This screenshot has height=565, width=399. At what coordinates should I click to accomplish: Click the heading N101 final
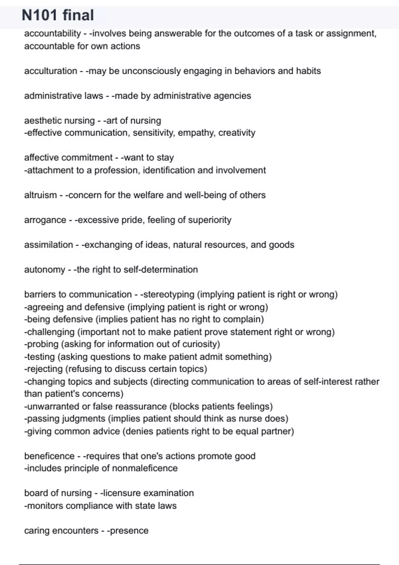[58, 15]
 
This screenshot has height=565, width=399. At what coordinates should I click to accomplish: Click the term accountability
[53, 34]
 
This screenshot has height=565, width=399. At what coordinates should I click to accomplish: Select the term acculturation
[51, 71]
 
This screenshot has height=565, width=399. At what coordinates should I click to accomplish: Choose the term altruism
[40, 195]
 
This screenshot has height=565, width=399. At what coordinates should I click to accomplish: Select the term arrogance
[45, 220]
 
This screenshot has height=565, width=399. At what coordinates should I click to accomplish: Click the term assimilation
[49, 245]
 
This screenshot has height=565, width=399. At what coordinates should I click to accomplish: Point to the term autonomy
[45, 270]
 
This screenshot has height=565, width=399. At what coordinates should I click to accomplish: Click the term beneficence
[49, 456]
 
